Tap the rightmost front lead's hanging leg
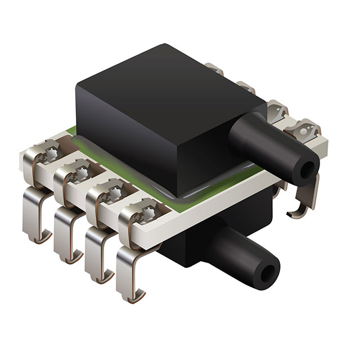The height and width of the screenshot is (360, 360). click(125, 276)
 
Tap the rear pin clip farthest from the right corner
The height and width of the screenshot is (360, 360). click(215, 70)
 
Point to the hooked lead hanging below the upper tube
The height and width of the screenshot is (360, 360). click(304, 202)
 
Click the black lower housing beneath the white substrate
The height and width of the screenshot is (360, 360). click(186, 247)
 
